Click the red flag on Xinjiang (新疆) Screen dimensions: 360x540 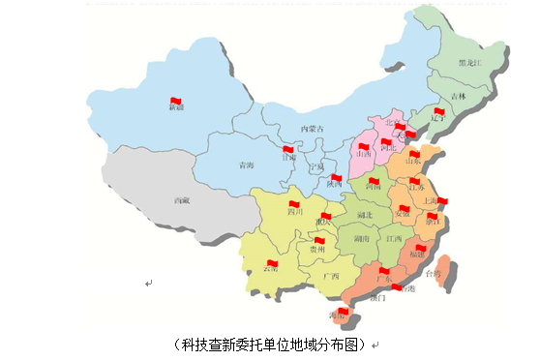(x=176, y=101)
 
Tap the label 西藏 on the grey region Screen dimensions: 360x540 (x=182, y=200)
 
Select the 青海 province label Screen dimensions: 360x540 (x=247, y=165)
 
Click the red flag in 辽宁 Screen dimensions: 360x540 (x=437, y=112)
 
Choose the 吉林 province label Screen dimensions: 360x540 (x=458, y=97)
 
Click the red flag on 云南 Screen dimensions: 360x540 (x=272, y=262)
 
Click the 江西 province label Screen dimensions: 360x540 (x=394, y=237)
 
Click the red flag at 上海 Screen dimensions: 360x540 (x=442, y=201)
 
